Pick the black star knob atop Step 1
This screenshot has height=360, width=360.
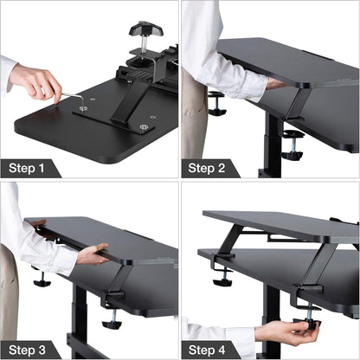point(145,31)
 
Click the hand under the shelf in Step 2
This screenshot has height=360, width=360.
point(275,84)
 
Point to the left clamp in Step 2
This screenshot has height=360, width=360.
point(215,103)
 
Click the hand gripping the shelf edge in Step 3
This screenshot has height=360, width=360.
point(93,254)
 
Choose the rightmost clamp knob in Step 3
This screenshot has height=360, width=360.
point(112,322)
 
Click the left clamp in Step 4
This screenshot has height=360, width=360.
point(222,276)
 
